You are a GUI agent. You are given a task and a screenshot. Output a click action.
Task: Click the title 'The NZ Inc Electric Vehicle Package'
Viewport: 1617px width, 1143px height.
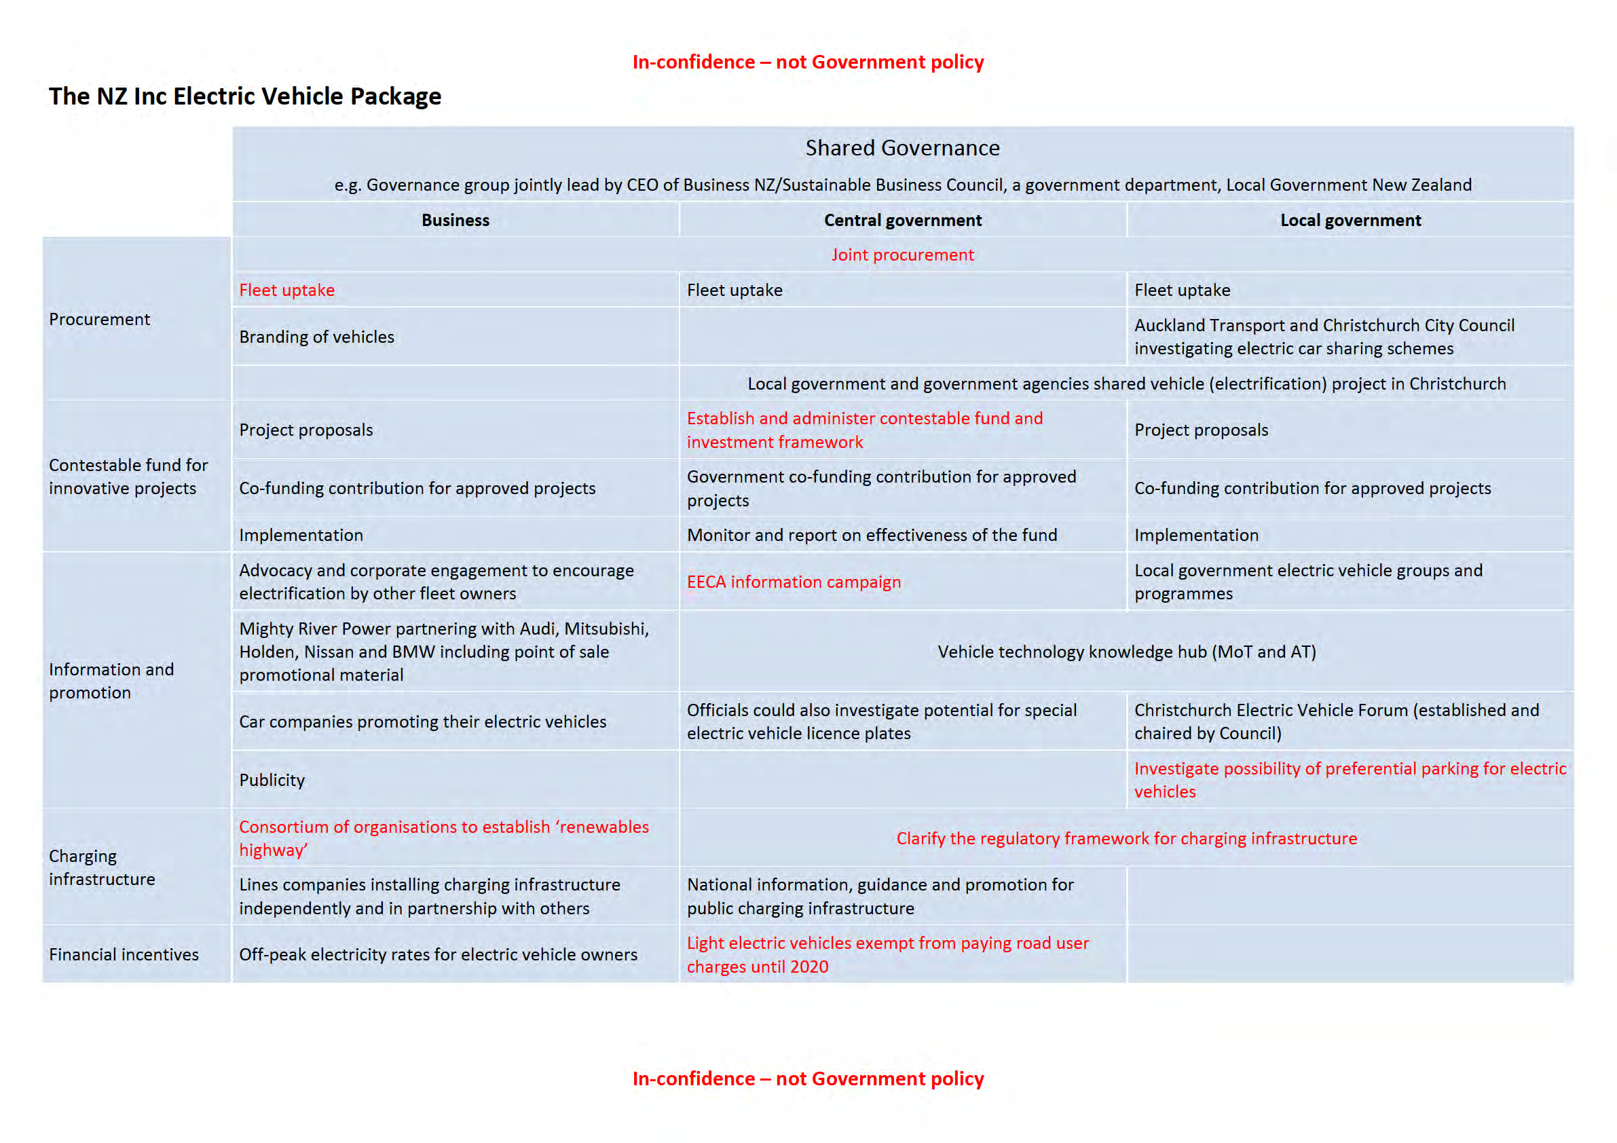(x=244, y=96)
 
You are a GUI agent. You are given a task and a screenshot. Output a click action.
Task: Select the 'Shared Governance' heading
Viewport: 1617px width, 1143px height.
(x=902, y=148)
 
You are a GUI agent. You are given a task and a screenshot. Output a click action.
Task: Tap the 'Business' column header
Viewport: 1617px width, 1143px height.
(x=455, y=221)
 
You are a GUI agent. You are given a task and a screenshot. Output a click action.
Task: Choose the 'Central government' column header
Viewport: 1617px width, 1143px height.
(x=902, y=221)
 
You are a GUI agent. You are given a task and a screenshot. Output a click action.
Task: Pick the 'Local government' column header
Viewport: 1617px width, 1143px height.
(x=1350, y=221)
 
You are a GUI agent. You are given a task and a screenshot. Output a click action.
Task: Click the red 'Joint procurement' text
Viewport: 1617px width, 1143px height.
(x=902, y=255)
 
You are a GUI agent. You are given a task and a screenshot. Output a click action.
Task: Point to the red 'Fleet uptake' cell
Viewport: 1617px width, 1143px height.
(x=286, y=290)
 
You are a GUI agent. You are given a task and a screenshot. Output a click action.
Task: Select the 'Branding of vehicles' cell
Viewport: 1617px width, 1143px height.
(x=316, y=337)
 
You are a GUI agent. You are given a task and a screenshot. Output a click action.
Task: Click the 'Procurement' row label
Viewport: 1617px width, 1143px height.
(x=99, y=320)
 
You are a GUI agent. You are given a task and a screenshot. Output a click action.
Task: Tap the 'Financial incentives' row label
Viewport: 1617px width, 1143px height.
(x=124, y=954)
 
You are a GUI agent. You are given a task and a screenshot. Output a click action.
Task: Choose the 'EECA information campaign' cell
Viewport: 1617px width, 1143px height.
(x=793, y=582)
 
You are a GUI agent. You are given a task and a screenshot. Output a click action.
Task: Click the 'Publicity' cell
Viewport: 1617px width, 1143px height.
(x=272, y=780)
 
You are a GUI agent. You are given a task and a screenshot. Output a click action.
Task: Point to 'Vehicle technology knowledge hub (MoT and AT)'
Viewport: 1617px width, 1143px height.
(x=1126, y=652)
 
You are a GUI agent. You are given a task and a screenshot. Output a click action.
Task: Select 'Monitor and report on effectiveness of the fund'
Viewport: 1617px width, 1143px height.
(x=871, y=536)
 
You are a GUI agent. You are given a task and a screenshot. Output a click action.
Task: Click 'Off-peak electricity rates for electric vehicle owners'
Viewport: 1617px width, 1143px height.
(x=437, y=954)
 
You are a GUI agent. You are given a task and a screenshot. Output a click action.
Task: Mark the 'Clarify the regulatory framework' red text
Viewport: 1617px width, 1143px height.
(x=1126, y=838)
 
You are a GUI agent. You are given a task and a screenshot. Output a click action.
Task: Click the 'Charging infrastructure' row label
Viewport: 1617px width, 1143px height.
(x=101, y=867)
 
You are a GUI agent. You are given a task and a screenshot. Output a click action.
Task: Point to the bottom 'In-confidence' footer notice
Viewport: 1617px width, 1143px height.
(x=808, y=1079)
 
